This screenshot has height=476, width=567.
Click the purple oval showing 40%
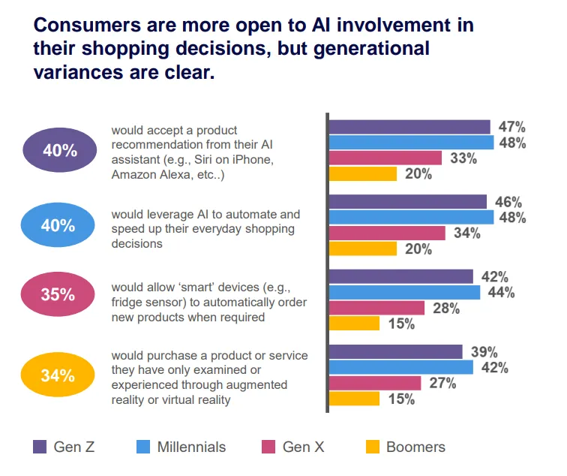(60, 150)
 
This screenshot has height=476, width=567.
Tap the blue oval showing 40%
(60, 225)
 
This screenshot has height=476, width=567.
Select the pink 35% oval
(60, 295)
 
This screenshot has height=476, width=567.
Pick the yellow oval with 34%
(60, 375)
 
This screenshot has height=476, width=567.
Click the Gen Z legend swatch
(40, 447)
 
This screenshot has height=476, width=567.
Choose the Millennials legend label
(191, 447)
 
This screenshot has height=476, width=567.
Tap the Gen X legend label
(303, 447)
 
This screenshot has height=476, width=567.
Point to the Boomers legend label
(415, 447)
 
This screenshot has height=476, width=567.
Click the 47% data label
(511, 127)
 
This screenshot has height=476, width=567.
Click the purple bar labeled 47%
(409, 127)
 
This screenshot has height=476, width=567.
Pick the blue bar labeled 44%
(404, 293)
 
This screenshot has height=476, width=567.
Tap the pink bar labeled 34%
(387, 233)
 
